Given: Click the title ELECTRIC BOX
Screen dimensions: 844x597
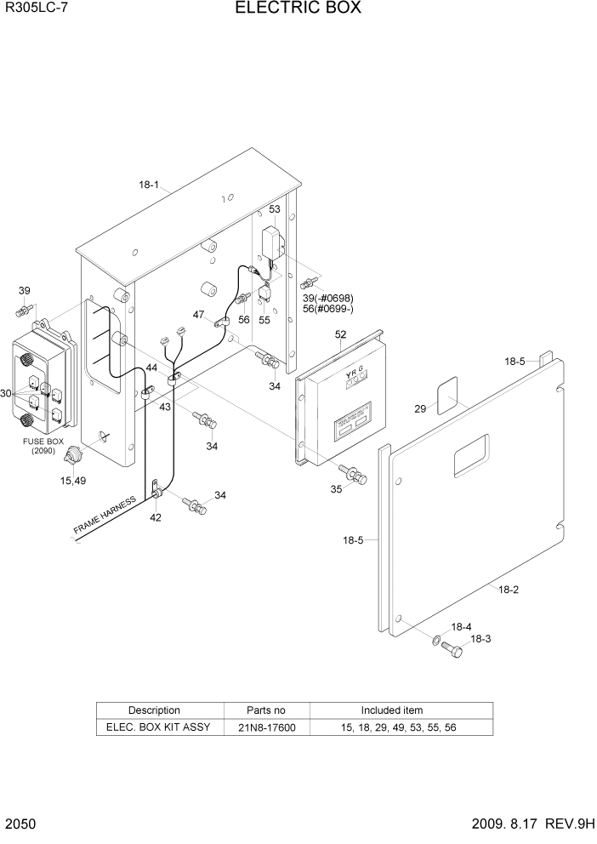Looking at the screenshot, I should pyautogui.click(x=298, y=9).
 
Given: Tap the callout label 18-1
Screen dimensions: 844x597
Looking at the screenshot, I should pyautogui.click(x=150, y=185).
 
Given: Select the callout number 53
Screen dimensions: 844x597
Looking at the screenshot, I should pyautogui.click(x=275, y=208).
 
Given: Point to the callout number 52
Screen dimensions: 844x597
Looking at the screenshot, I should pyautogui.click(x=340, y=334).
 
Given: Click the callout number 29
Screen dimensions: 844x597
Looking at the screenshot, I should pyautogui.click(x=420, y=409).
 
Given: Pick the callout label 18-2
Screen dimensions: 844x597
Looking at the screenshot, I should pyautogui.click(x=508, y=589).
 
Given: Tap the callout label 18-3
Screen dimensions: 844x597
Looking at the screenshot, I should pyautogui.click(x=480, y=638).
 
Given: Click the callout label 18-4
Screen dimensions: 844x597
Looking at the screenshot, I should pyautogui.click(x=461, y=626).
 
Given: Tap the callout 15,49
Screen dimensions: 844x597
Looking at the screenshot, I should pyautogui.click(x=72, y=482).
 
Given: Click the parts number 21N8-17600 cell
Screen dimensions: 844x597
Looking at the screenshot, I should pyautogui.click(x=266, y=727).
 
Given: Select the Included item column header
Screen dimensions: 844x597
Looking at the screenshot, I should pyautogui.click(x=391, y=710).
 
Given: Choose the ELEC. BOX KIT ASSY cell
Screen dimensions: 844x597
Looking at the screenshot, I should pyautogui.click(x=158, y=727).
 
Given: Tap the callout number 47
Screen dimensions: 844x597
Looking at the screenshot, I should pyautogui.click(x=198, y=315).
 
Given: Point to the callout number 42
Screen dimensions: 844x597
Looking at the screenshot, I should pyautogui.click(x=156, y=516).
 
